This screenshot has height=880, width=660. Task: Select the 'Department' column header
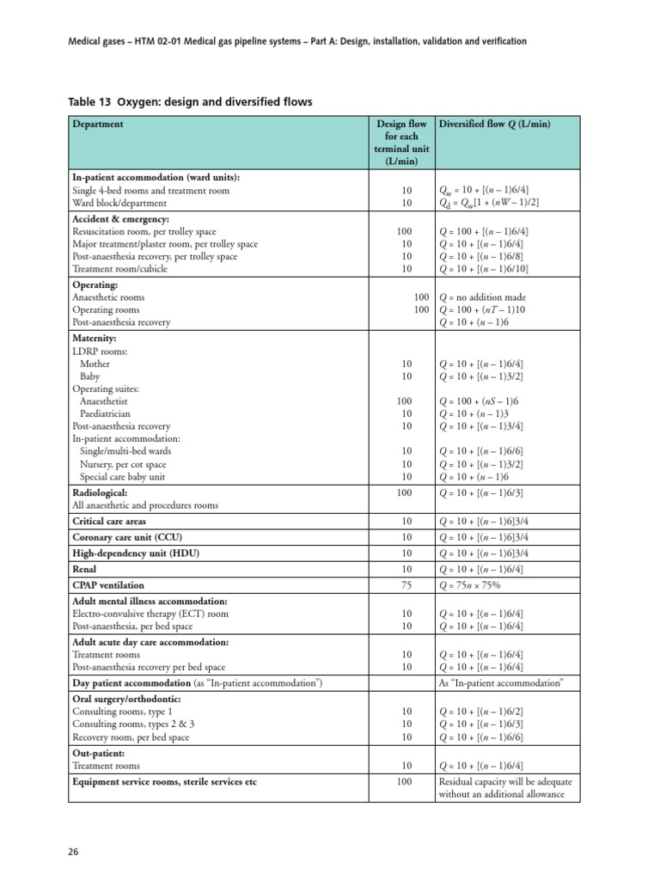click(x=98, y=124)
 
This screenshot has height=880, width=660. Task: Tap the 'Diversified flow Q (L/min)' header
click(x=494, y=124)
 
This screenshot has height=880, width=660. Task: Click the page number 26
click(x=74, y=852)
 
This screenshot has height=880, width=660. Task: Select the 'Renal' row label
click(x=84, y=569)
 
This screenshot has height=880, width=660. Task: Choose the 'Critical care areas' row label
click(x=109, y=522)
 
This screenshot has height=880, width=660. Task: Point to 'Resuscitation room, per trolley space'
click(x=144, y=232)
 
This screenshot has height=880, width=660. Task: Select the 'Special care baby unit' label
click(x=123, y=476)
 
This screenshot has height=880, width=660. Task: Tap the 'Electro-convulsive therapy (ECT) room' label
click(x=150, y=614)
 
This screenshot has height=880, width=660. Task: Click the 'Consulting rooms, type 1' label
click(x=122, y=712)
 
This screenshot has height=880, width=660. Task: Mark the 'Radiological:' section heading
click(x=100, y=493)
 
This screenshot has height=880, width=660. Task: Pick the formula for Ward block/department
click(x=489, y=203)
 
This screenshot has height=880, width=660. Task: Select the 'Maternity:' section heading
click(x=95, y=339)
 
